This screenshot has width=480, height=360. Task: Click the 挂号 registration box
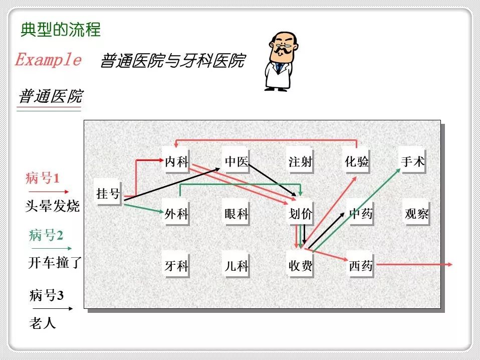108,193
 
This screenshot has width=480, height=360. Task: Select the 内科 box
176,161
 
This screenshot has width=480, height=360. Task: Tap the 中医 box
236,161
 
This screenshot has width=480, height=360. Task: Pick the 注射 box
300,161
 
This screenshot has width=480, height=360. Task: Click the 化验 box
357,161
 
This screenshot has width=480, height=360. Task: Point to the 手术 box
413,161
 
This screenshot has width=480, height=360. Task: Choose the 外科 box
176,214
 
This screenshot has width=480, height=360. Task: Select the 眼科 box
236,214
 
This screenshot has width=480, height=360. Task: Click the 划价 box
300,214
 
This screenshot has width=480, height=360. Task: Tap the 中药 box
361,214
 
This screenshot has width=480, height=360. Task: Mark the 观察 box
417,214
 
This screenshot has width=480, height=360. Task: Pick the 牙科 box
176,266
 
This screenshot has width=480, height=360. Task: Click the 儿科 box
236,266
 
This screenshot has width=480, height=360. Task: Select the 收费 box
300,266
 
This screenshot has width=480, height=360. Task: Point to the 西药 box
361,266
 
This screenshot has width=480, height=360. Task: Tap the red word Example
48,60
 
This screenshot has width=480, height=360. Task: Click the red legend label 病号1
42,178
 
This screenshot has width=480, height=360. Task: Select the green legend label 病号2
46,235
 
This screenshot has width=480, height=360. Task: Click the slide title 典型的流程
61,30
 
